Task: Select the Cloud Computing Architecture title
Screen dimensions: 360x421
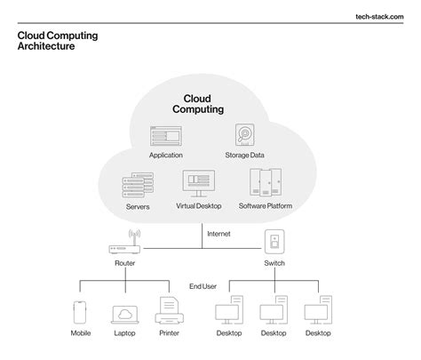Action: tap(58, 40)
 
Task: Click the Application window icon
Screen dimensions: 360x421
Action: tap(166, 136)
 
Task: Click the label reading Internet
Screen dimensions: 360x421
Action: tap(218, 234)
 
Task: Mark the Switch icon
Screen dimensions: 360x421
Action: tap(274, 243)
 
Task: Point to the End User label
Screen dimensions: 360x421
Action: tap(203, 286)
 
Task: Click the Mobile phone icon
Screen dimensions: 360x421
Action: tap(81, 313)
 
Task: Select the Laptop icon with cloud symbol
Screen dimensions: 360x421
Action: tap(123, 315)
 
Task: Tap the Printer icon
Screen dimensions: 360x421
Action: tap(168, 313)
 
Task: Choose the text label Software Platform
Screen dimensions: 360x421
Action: tap(266, 207)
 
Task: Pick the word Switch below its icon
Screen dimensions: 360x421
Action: tap(274, 264)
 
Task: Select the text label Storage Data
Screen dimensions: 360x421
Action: tap(245, 155)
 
